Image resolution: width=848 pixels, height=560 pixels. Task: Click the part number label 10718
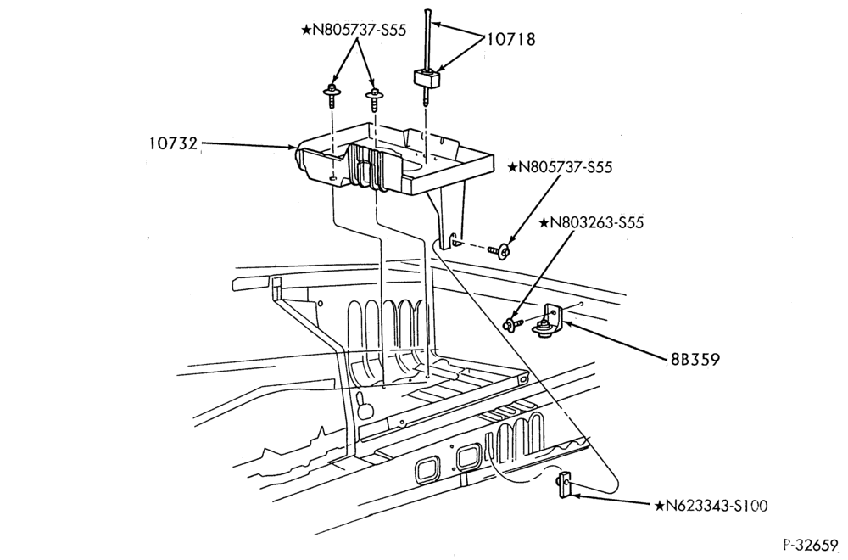tap(511, 39)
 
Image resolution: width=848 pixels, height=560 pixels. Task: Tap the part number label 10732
tap(174, 143)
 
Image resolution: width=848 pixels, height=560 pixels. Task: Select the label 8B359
tap(693, 359)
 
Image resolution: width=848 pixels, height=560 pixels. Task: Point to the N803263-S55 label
tap(591, 222)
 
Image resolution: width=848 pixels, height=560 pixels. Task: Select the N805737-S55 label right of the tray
tap(560, 167)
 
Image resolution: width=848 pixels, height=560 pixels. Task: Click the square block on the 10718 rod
tap(427, 79)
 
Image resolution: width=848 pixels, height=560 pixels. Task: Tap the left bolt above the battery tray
tap(330, 97)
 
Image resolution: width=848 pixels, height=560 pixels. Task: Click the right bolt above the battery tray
tap(373, 97)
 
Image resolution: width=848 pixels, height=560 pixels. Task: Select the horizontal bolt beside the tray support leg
tap(499, 250)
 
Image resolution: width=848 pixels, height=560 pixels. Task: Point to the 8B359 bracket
tap(549, 321)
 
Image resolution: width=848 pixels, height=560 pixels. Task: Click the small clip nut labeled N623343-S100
tap(564, 485)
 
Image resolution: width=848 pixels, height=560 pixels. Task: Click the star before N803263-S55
tap(544, 222)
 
